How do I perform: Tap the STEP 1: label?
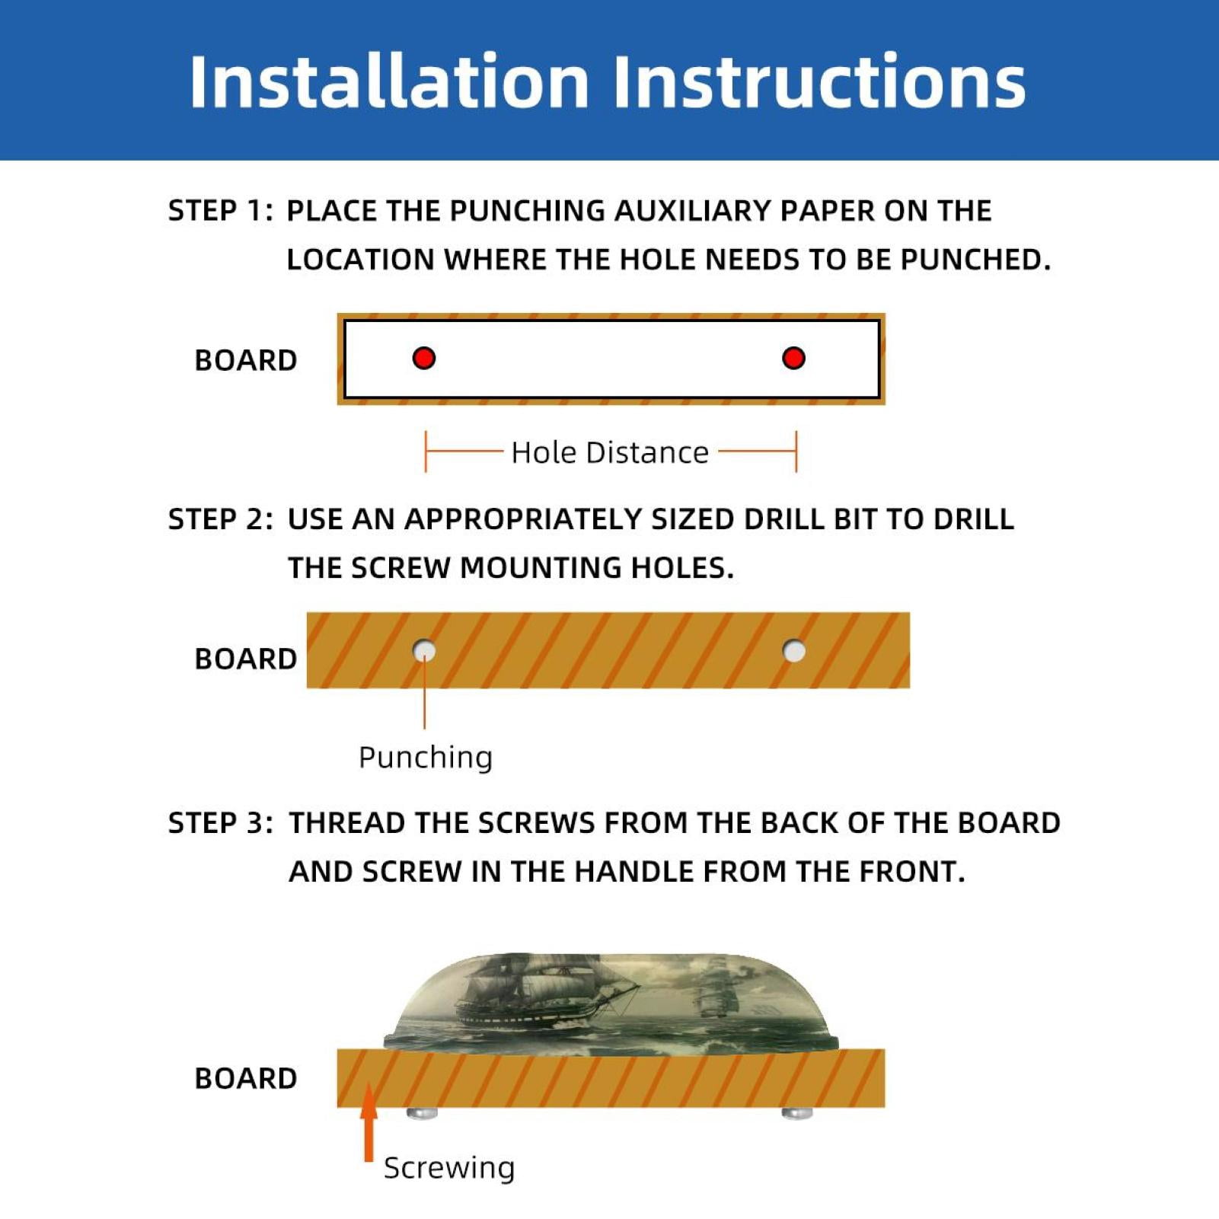220,211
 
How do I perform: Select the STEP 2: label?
220,519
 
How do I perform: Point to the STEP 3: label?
220,823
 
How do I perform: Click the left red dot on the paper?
424,358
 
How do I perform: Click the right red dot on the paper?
793,358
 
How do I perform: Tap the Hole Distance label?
610,452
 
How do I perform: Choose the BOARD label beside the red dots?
245,360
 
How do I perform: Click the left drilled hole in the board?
424,651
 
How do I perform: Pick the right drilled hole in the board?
794,651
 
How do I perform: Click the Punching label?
426,758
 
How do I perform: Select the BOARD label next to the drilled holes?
245,659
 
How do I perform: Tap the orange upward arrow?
369,1122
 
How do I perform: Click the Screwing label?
449,1168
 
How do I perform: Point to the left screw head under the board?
422,1113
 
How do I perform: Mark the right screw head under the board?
797,1113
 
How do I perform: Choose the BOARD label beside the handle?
245,1078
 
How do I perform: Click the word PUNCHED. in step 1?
975,260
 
